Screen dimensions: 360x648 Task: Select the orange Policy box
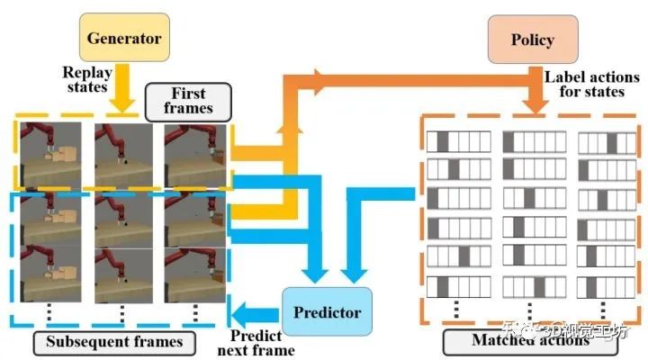532,40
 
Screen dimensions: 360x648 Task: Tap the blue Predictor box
327,312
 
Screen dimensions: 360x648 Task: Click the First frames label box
188,101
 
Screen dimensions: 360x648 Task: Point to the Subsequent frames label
114,341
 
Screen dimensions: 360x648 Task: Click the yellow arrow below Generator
127,90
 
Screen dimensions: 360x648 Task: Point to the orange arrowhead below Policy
535,105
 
